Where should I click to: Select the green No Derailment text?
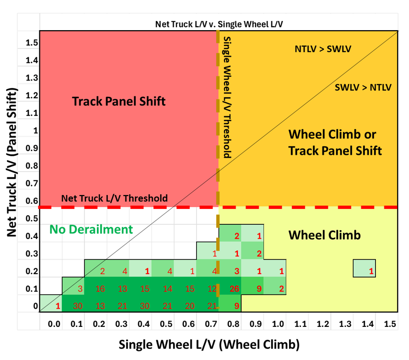coord(91,229)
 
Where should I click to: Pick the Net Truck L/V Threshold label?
coord(115,198)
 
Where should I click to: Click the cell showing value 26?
coord(234,289)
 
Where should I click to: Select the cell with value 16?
coord(100,289)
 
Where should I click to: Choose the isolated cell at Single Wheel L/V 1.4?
coord(364,268)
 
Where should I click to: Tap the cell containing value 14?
coord(167,289)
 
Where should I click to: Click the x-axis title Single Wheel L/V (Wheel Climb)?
coord(209,344)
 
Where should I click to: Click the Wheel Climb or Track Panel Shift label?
coord(335,142)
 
